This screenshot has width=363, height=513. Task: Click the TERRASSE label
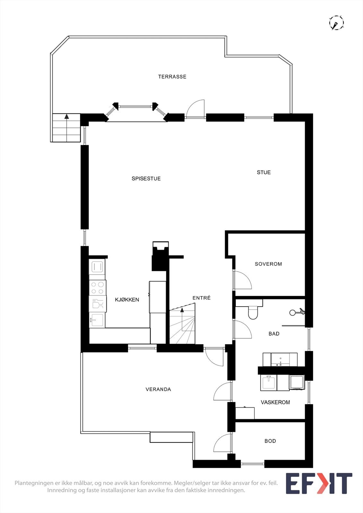click(172, 77)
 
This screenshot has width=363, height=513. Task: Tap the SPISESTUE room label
click(146, 178)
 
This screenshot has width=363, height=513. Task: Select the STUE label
click(264, 172)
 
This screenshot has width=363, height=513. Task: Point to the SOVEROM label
click(268, 264)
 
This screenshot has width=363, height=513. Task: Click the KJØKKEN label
click(127, 299)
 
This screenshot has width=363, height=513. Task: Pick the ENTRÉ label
click(201, 298)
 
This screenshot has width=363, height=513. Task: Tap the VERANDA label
click(158, 389)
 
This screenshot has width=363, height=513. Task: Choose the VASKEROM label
click(275, 402)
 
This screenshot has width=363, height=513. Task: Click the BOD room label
click(270, 441)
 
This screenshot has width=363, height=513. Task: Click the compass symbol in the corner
click(336, 23)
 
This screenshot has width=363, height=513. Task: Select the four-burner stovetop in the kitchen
click(98, 288)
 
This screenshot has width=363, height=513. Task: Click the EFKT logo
click(319, 483)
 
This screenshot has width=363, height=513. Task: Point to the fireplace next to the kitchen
click(160, 256)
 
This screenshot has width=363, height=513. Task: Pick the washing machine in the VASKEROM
click(297, 382)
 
